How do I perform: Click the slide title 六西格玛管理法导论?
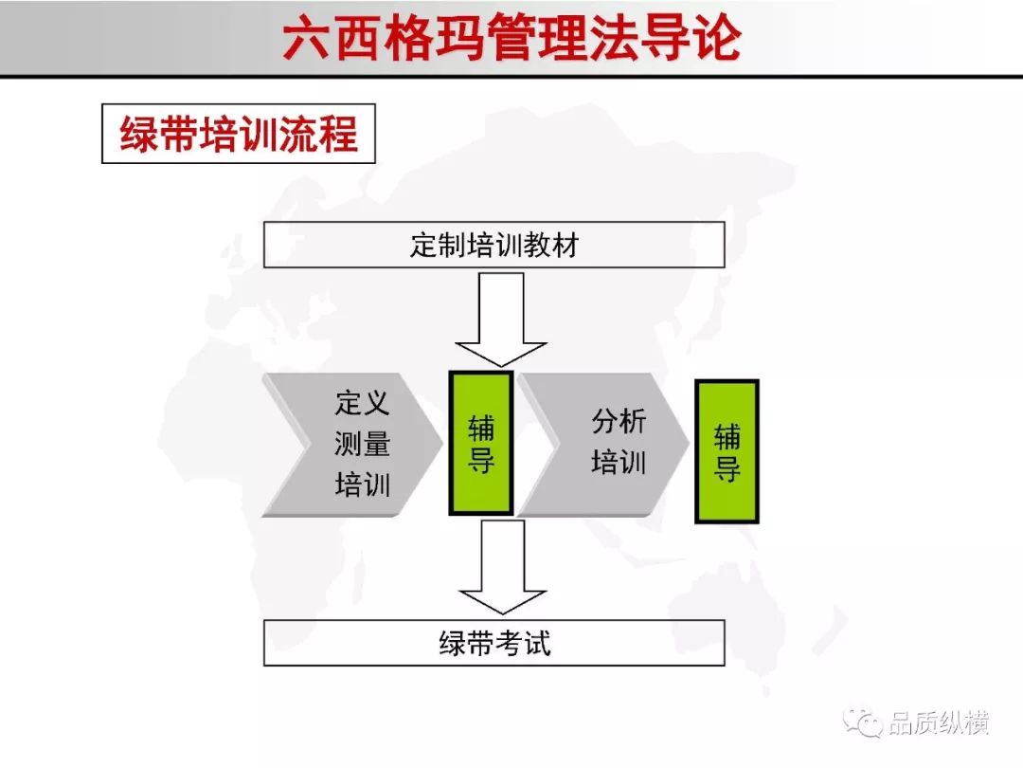[512, 37]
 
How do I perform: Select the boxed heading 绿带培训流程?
[239, 134]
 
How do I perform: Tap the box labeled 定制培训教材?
[494, 245]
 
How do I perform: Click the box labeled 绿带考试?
[494, 643]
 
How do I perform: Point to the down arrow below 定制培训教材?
[501, 320]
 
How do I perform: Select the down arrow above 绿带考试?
[502, 567]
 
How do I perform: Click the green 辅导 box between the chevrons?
[481, 444]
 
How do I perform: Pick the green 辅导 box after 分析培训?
[727, 451]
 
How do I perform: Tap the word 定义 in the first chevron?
[362, 403]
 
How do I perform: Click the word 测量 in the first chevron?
[362, 444]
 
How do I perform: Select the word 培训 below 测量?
[362, 485]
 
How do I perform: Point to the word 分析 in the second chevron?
[619, 421]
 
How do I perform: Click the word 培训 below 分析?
[619, 463]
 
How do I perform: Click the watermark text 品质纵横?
[939, 722]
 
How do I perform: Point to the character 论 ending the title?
[718, 38]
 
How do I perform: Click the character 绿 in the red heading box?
[139, 134]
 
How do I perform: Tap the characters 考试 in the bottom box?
[523, 643]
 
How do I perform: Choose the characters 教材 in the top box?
[550, 246]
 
